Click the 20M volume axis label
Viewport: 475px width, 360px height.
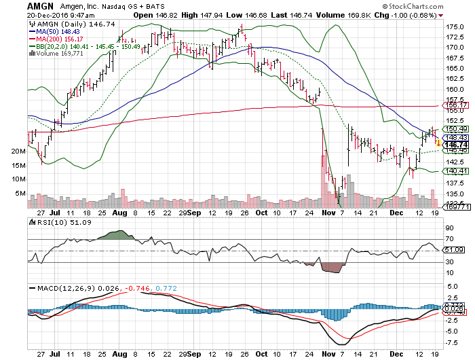click(18, 152)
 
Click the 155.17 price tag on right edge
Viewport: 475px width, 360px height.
click(456, 106)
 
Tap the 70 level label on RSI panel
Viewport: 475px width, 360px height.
click(449, 239)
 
